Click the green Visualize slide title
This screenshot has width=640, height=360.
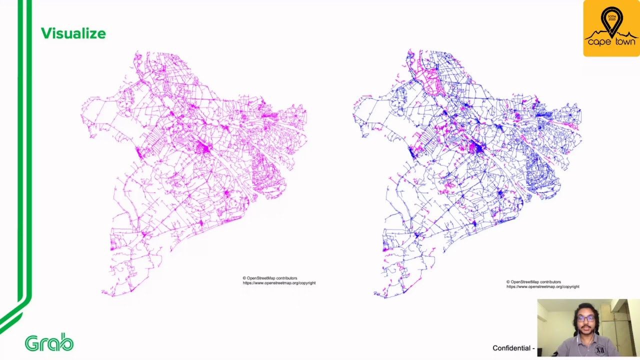click(x=73, y=33)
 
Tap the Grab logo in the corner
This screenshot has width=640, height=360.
click(x=49, y=342)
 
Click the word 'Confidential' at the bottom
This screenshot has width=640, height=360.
click(x=511, y=348)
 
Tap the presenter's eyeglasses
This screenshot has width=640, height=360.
click(x=585, y=318)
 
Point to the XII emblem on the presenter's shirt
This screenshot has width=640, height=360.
click(x=599, y=350)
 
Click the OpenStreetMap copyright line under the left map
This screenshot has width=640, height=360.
click(x=270, y=278)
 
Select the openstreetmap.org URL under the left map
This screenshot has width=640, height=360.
click(x=279, y=283)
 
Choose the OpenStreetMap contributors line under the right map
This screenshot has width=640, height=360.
click(x=533, y=282)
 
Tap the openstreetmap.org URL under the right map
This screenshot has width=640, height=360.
click(x=542, y=287)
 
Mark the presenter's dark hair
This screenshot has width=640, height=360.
click(x=585, y=306)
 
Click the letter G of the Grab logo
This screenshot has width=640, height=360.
click(x=31, y=343)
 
